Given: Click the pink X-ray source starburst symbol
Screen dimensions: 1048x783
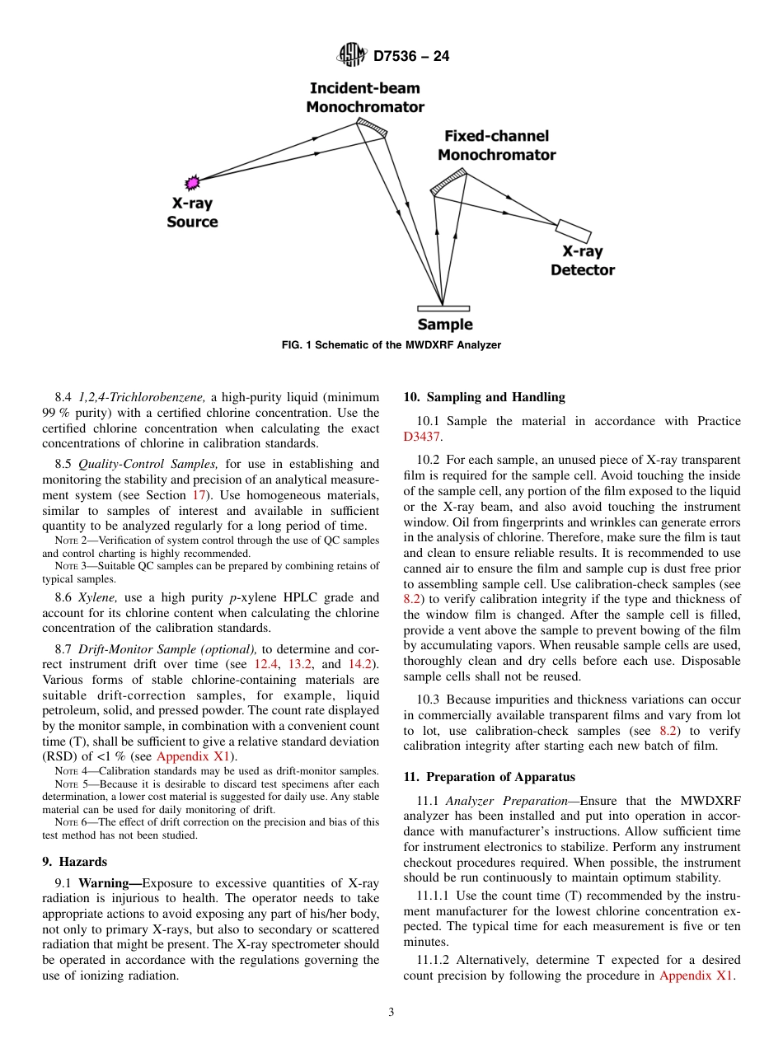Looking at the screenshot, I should coord(193,181).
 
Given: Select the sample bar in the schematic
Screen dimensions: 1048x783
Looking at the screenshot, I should coord(443,308).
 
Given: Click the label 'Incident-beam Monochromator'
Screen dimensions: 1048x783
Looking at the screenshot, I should coord(365,98).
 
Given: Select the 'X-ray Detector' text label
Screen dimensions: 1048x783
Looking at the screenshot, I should coord(582,261).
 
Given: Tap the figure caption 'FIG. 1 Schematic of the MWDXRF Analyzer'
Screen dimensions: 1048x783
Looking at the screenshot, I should coord(391,345).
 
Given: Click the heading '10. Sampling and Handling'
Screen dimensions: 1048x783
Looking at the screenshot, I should coord(484,397).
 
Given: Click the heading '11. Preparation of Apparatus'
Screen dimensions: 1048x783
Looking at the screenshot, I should coord(489,777).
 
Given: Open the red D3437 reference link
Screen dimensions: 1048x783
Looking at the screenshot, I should coord(421,437).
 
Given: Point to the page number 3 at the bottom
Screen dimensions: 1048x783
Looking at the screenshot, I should coord(391,1013).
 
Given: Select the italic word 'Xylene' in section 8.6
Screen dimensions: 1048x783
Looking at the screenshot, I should coord(97,597).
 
